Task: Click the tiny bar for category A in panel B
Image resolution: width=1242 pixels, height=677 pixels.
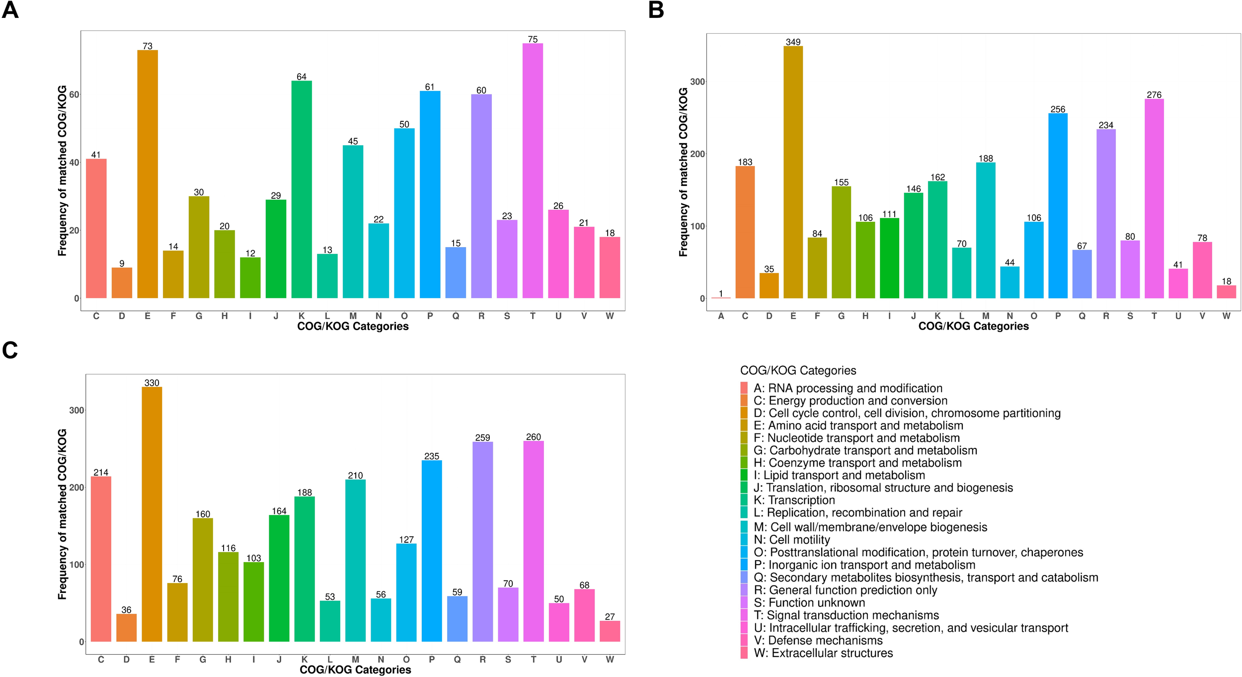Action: click(721, 297)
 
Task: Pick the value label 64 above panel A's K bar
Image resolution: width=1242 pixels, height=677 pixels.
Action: click(302, 77)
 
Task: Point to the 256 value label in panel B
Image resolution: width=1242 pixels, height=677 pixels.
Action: click(1058, 109)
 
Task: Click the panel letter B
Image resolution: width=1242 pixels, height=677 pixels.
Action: click(656, 10)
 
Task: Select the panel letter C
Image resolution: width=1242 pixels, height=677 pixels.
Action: click(10, 350)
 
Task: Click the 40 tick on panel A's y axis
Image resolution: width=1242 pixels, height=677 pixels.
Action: click(74, 163)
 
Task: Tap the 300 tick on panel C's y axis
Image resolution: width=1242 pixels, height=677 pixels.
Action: click(77, 410)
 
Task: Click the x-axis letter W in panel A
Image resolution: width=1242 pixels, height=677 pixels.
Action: click(610, 316)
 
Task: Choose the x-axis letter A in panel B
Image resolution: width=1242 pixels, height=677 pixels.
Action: click(721, 316)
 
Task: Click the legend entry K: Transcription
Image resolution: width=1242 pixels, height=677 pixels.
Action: click(794, 500)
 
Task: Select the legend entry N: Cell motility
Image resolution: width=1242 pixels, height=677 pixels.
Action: click(791, 540)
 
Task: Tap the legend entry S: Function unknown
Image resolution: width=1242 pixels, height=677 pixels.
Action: click(809, 602)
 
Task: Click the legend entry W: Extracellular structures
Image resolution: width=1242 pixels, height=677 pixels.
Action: click(823, 653)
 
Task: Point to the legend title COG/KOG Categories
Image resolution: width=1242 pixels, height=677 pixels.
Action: click(798, 370)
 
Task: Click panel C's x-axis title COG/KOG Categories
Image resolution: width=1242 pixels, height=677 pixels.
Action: click(355, 670)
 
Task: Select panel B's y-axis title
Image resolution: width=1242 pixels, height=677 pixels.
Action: click(683, 171)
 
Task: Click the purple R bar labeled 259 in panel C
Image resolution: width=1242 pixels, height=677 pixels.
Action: click(482, 541)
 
